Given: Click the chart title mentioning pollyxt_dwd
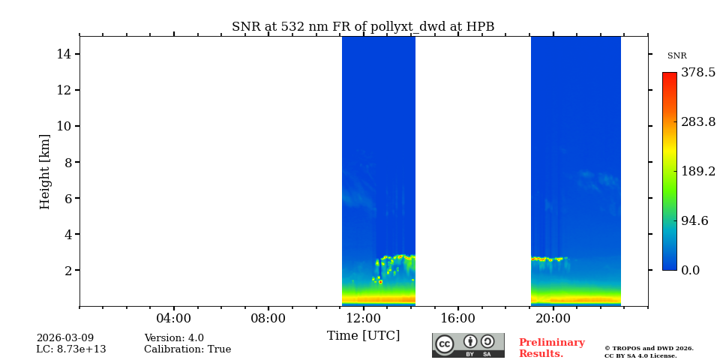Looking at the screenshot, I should click(363, 27).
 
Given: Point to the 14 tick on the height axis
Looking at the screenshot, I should click(64, 54).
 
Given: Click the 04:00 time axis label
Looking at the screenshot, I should click(173, 318).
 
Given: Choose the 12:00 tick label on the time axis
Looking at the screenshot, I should click(363, 318).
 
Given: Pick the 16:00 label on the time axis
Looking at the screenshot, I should click(458, 318).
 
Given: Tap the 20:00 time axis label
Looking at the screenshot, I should click(553, 318).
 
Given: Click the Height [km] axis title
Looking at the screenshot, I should click(45, 171).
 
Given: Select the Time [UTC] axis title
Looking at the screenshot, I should click(363, 335).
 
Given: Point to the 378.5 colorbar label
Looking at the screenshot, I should click(697, 73).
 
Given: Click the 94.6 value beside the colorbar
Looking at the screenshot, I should click(694, 220).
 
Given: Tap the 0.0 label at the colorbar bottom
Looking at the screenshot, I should click(690, 270).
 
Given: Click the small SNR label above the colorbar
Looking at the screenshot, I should click(676, 56).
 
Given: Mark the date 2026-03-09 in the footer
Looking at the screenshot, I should click(65, 338).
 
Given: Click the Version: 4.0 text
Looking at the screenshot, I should click(174, 338).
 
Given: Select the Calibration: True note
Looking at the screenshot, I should click(187, 349).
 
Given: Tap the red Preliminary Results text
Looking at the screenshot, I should click(551, 348).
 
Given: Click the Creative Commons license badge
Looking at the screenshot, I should click(468, 345).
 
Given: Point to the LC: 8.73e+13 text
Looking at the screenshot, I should click(71, 349).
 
